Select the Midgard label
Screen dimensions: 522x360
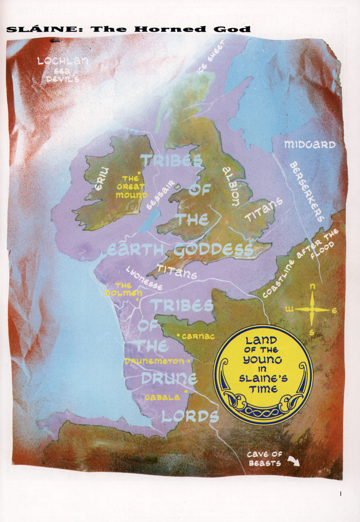[x=310, y=145]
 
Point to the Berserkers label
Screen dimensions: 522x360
[x=306, y=192]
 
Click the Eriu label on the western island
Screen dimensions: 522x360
[x=101, y=179]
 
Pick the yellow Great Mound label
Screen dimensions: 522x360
[x=131, y=187]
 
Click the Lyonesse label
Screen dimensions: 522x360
[x=144, y=278]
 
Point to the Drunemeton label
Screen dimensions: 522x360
[x=154, y=361]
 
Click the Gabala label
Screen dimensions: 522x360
[x=162, y=397]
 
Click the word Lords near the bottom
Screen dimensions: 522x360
[x=190, y=417]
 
